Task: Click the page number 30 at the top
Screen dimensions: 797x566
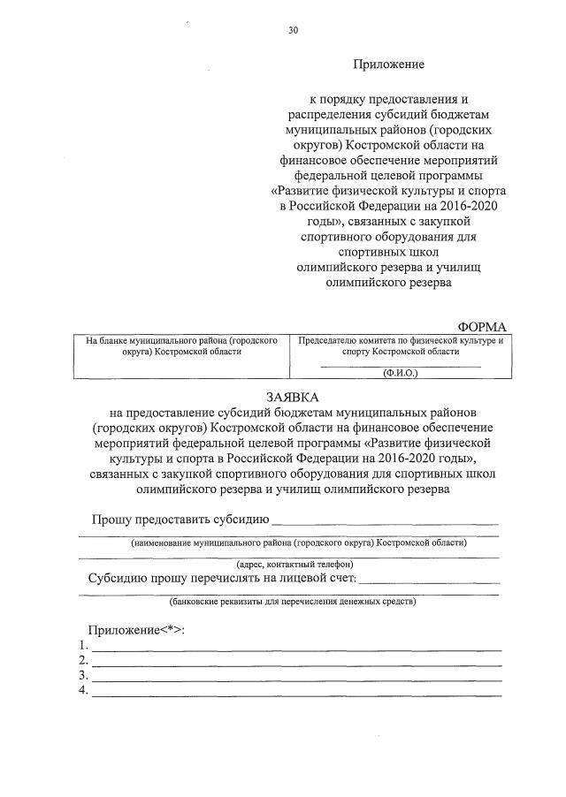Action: click(x=293, y=30)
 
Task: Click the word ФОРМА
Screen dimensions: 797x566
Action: click(x=481, y=326)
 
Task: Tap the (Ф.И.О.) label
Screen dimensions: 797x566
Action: click(x=400, y=373)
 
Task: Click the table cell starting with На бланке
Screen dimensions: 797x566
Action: click(x=182, y=345)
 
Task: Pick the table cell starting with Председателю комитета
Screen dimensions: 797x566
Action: click(x=401, y=345)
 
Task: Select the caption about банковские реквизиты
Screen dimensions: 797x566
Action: click(x=292, y=602)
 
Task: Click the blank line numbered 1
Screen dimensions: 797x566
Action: click(x=297, y=649)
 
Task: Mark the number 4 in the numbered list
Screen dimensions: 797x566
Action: click(x=81, y=691)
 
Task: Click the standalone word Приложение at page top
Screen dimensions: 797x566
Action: click(x=389, y=65)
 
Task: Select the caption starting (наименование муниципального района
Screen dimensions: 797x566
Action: click(x=299, y=543)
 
